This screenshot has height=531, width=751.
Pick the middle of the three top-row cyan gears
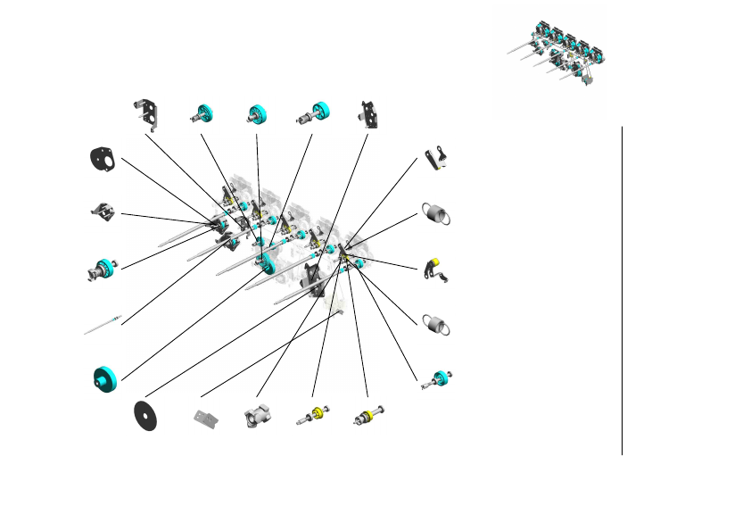click(260, 114)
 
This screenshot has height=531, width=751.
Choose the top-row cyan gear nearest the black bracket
click(203, 113)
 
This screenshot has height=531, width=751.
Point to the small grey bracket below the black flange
click(103, 212)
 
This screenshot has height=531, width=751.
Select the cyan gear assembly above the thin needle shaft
click(103, 269)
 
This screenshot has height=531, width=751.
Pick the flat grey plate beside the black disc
click(206, 419)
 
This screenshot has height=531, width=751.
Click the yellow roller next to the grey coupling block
click(314, 415)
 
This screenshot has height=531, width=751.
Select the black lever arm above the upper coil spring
click(435, 158)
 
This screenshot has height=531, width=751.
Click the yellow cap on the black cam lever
click(434, 264)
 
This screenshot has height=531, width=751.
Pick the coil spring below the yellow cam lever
click(435, 325)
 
